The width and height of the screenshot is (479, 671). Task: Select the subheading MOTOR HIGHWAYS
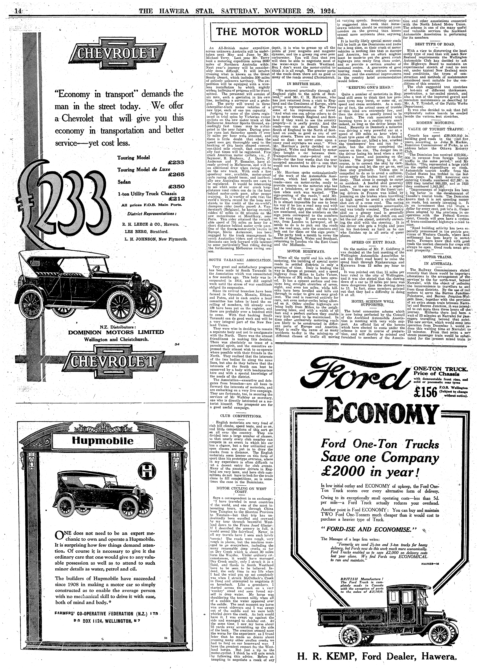[x=302, y=252]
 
